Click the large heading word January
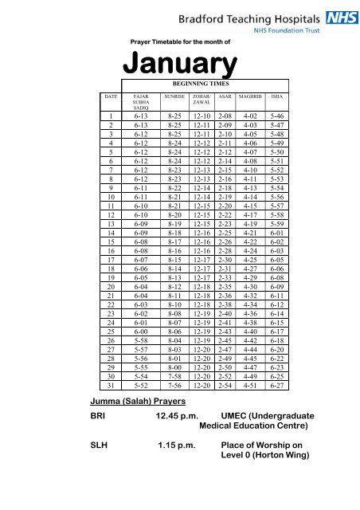pyautogui.click(x=179, y=65)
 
